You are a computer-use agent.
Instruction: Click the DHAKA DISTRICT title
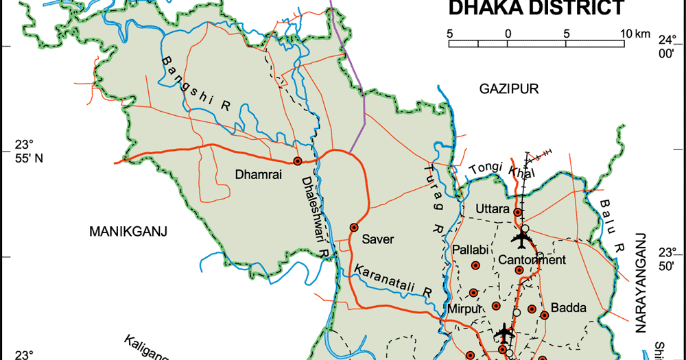pyautogui.click(x=536, y=8)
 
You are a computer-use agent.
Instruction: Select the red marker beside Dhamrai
pyautogui.click(x=298, y=160)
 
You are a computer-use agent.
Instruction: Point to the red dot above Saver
pyautogui.click(x=354, y=227)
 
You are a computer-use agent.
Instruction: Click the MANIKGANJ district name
pyautogui.click(x=129, y=232)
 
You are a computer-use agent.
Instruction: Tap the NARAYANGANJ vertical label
pyautogui.click(x=642, y=283)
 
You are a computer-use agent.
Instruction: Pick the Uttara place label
pyautogui.click(x=493, y=208)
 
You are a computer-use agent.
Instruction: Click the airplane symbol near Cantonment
pyautogui.click(x=522, y=239)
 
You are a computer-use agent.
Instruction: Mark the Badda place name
pyautogui.click(x=569, y=308)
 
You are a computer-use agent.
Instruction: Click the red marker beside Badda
pyautogui.click(x=544, y=315)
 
